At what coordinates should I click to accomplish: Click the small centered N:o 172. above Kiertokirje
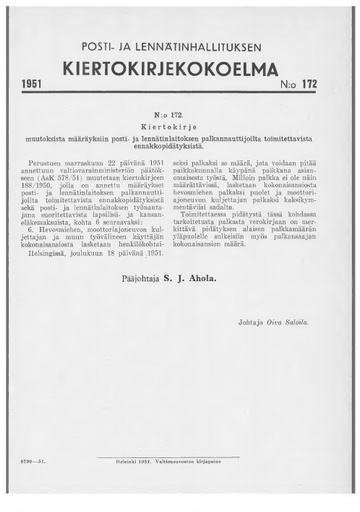click(181, 117)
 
